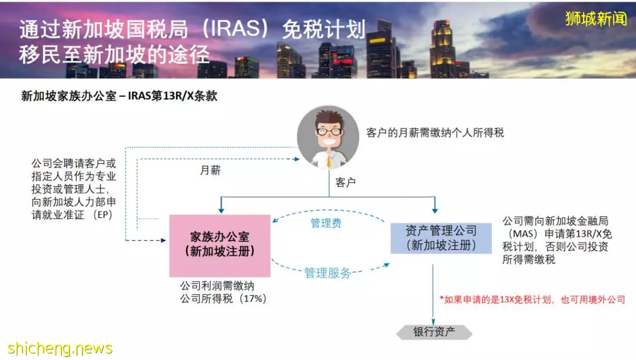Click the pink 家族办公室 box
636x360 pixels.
220,246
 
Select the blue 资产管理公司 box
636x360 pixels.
441,238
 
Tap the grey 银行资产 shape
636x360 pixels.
435,332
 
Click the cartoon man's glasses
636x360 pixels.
329,131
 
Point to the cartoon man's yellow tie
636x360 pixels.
329,161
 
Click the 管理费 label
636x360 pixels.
326,223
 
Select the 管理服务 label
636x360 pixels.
328,273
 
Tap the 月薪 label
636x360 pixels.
210,170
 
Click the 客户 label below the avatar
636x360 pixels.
346,182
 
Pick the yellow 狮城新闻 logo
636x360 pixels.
596,19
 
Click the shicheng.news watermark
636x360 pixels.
60,349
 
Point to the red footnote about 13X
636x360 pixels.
532,299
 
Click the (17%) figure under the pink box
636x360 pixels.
253,299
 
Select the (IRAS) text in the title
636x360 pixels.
235,29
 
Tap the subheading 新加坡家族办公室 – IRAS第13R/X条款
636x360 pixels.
119,96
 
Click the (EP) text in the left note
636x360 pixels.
102,214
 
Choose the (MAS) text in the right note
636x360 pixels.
524,234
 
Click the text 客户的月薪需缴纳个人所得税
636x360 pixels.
435,133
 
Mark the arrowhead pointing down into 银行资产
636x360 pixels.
433,322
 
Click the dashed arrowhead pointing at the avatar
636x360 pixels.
296,159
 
